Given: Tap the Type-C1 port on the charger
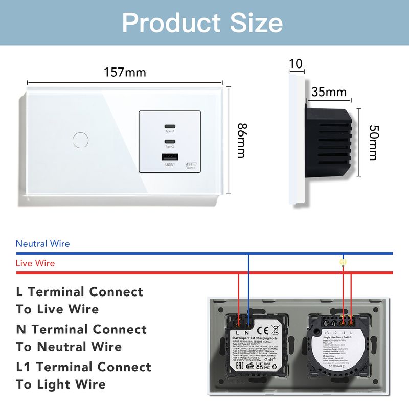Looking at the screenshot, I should (169, 127).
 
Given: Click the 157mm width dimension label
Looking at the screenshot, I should (125, 72).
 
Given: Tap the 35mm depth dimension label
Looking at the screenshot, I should (329, 93).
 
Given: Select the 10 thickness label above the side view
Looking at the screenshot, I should (296, 63).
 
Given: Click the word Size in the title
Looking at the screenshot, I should (250, 23).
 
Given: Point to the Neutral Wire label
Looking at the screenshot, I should (42, 244).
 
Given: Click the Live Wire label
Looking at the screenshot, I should (35, 263).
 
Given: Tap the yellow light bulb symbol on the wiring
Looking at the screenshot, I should (343, 262).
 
